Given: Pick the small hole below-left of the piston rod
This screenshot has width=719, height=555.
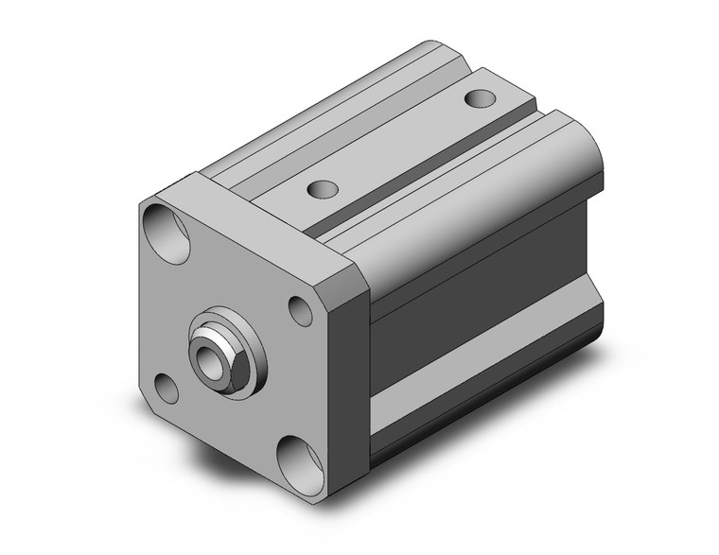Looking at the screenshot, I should (x=167, y=388).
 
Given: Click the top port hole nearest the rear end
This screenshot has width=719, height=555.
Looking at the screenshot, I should (x=480, y=97).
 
